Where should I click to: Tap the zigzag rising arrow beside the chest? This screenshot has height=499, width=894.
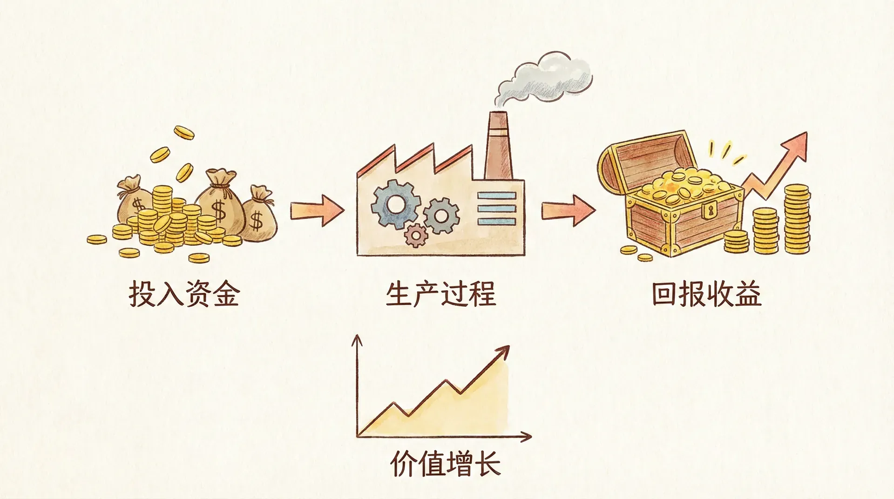[778, 163]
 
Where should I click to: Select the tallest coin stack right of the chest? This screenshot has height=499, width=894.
[797, 219]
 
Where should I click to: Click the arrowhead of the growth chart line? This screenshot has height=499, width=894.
[504, 351]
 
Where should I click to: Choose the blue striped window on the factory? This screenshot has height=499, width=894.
[497, 209]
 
